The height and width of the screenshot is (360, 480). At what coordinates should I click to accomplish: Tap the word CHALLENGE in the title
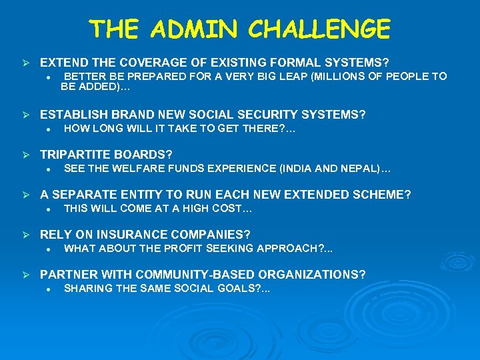point(320,29)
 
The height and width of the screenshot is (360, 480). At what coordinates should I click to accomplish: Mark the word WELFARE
point(133,169)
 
